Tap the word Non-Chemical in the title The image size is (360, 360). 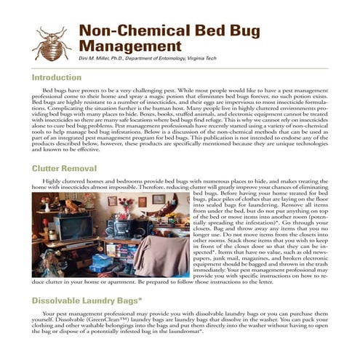pos(124,31)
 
